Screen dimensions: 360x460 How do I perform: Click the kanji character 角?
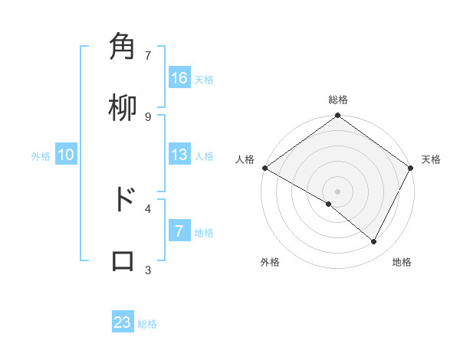[123, 47]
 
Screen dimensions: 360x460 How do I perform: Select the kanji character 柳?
[123, 108]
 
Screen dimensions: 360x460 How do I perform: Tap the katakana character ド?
[123, 200]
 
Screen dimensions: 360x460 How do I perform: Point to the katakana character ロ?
[123, 261]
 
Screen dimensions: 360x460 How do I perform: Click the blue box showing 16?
[179, 78]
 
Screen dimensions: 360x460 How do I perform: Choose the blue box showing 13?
[179, 155]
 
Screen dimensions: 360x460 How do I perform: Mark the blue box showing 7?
[179, 231]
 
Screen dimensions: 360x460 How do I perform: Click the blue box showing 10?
[66, 155]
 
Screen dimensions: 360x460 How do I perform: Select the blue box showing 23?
[123, 322]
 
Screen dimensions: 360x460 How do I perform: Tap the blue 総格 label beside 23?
[147, 324]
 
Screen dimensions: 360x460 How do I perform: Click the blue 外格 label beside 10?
[41, 156]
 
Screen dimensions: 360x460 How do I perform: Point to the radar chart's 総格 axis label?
[338, 100]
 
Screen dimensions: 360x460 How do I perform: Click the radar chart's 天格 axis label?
[431, 159]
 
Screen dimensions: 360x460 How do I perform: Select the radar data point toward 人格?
[264, 168]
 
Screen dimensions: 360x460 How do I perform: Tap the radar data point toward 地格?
[374, 242]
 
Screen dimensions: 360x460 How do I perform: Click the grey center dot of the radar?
[338, 191]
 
